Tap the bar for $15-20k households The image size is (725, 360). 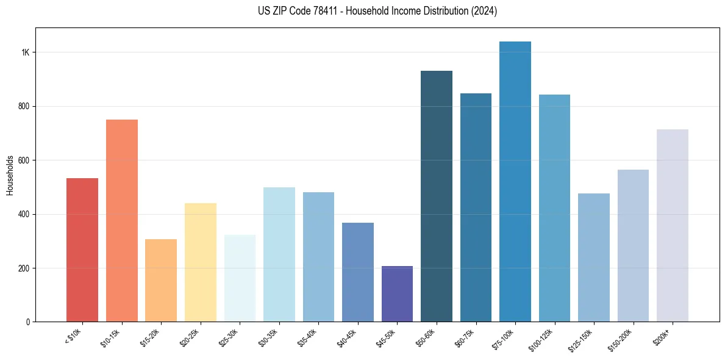point(161,281)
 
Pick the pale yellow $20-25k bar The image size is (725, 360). point(201,262)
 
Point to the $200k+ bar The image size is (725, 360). point(673,226)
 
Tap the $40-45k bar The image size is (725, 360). point(358,272)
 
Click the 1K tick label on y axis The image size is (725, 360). point(25,52)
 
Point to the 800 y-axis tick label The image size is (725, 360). point(24,106)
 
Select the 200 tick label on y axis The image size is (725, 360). point(24,268)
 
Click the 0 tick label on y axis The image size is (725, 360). point(28,322)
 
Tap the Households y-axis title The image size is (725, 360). point(10,175)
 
